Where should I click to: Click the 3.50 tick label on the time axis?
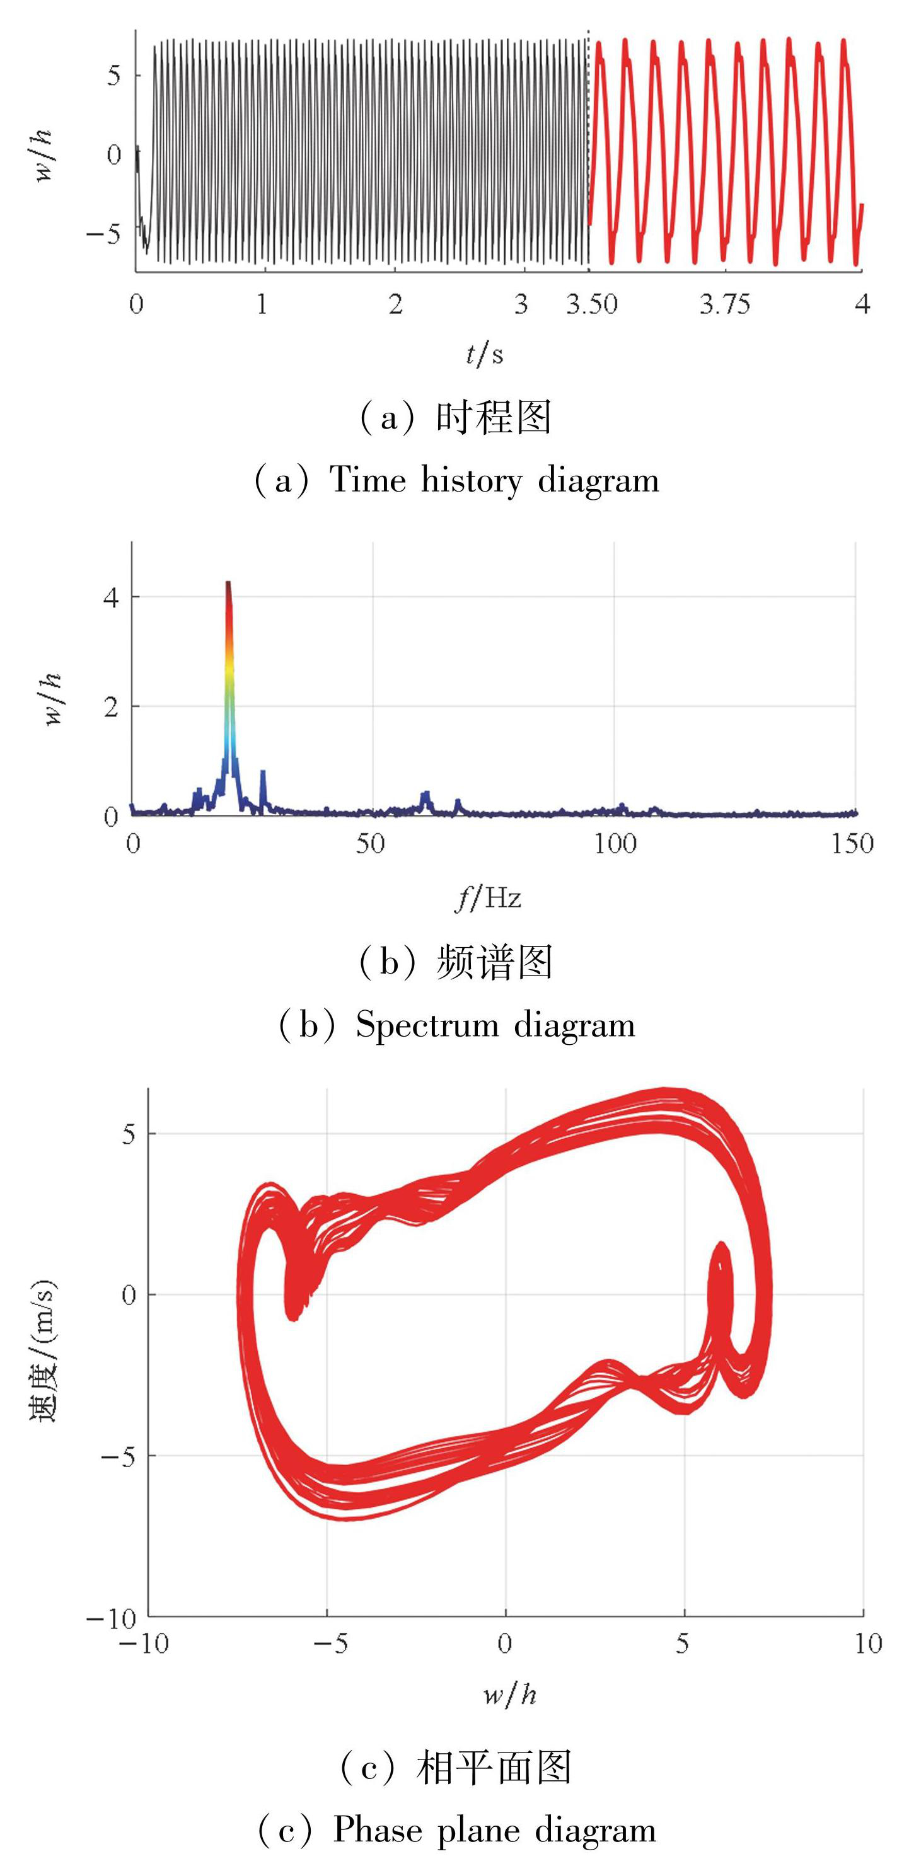pos(591,304)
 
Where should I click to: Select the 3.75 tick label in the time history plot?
pos(724,304)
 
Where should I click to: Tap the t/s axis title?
pos(484,354)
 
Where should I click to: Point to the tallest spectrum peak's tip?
pos(228,582)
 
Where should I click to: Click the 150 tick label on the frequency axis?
pos(852,843)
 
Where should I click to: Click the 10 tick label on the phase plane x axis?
pos(867,1644)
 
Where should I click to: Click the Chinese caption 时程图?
pos(494,418)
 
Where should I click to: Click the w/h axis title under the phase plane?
pos(510,1695)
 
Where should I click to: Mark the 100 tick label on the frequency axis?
pos(615,843)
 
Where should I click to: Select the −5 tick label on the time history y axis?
pos(103,234)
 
